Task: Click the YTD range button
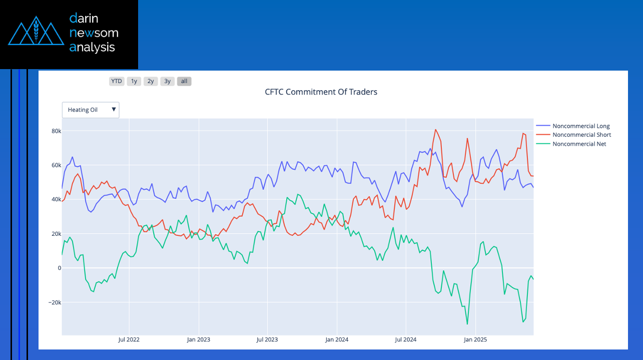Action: tap(117, 81)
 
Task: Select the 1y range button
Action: tap(134, 81)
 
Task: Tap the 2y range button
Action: tap(151, 81)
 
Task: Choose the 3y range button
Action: tap(167, 81)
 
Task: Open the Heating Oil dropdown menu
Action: tap(91, 110)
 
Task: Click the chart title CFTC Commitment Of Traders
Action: tap(321, 92)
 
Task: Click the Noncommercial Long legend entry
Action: tap(581, 126)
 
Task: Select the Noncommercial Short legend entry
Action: tap(581, 135)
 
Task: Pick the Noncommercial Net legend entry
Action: tap(579, 144)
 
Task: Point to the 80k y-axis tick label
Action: tap(53, 131)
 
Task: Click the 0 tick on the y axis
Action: tap(59, 268)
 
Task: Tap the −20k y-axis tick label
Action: tap(51, 302)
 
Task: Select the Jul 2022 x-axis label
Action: tap(129, 339)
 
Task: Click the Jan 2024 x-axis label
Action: tap(336, 339)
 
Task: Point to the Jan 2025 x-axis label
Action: tap(474, 339)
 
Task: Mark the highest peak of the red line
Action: tap(435, 130)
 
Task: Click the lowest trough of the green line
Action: tap(467, 324)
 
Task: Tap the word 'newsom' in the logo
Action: tap(94, 33)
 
